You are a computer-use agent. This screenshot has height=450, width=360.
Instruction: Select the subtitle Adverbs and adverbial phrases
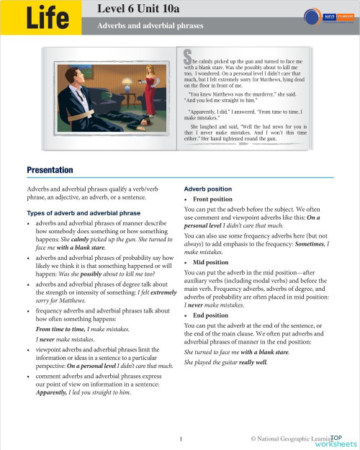coord(150,25)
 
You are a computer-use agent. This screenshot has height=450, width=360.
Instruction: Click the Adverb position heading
coord(208,189)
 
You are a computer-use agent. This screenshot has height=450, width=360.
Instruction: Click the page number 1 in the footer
coord(181,438)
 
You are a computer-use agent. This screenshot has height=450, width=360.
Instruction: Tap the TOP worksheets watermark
coord(336,440)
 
